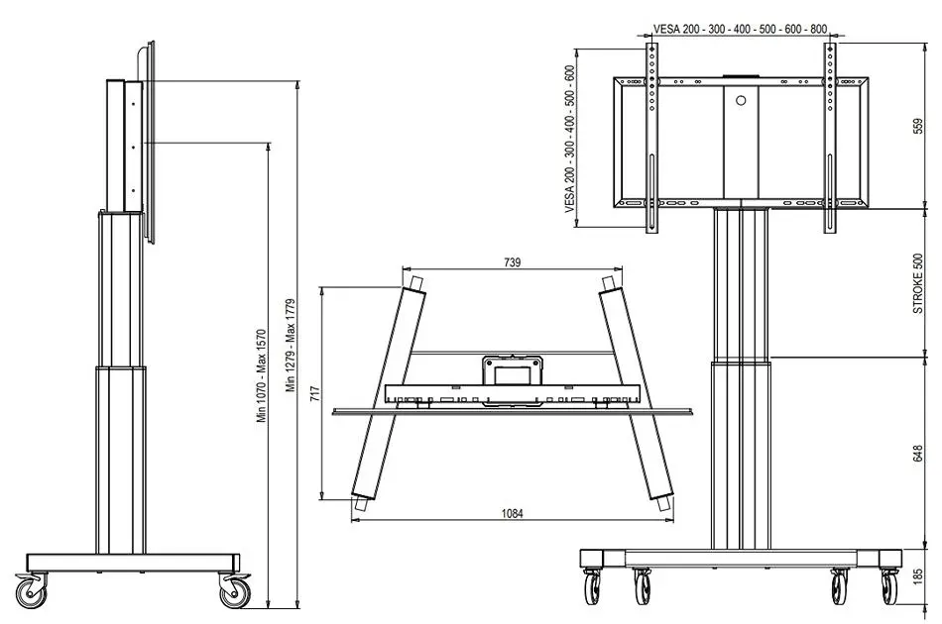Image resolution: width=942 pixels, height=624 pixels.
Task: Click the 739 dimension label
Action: coord(513,262)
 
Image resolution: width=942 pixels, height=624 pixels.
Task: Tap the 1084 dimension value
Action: coord(512,514)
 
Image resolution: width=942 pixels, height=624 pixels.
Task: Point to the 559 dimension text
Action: coord(917,126)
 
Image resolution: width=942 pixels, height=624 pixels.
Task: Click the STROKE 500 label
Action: coord(917,284)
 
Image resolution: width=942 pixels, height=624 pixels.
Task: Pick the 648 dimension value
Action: coord(917,454)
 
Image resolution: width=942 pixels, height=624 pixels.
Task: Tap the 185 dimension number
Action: coord(917,577)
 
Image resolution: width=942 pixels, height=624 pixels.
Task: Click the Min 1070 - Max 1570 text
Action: coord(262,376)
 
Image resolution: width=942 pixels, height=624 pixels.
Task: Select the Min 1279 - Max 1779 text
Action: coord(291,345)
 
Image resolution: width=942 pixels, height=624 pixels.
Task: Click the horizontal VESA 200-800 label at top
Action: coord(740,29)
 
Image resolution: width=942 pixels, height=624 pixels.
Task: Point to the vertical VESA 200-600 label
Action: coord(570,140)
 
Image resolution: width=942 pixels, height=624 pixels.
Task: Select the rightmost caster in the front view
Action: coord(890,585)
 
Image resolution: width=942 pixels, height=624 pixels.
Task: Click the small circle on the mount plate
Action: coord(741,101)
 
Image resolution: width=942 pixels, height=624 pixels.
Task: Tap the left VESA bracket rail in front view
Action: coord(651,138)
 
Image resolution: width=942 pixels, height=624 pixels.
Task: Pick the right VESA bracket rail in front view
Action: coord(830,138)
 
